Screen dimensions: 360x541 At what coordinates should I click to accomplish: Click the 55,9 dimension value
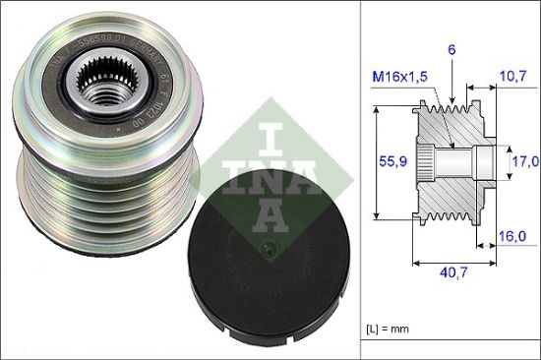click(391, 163)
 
